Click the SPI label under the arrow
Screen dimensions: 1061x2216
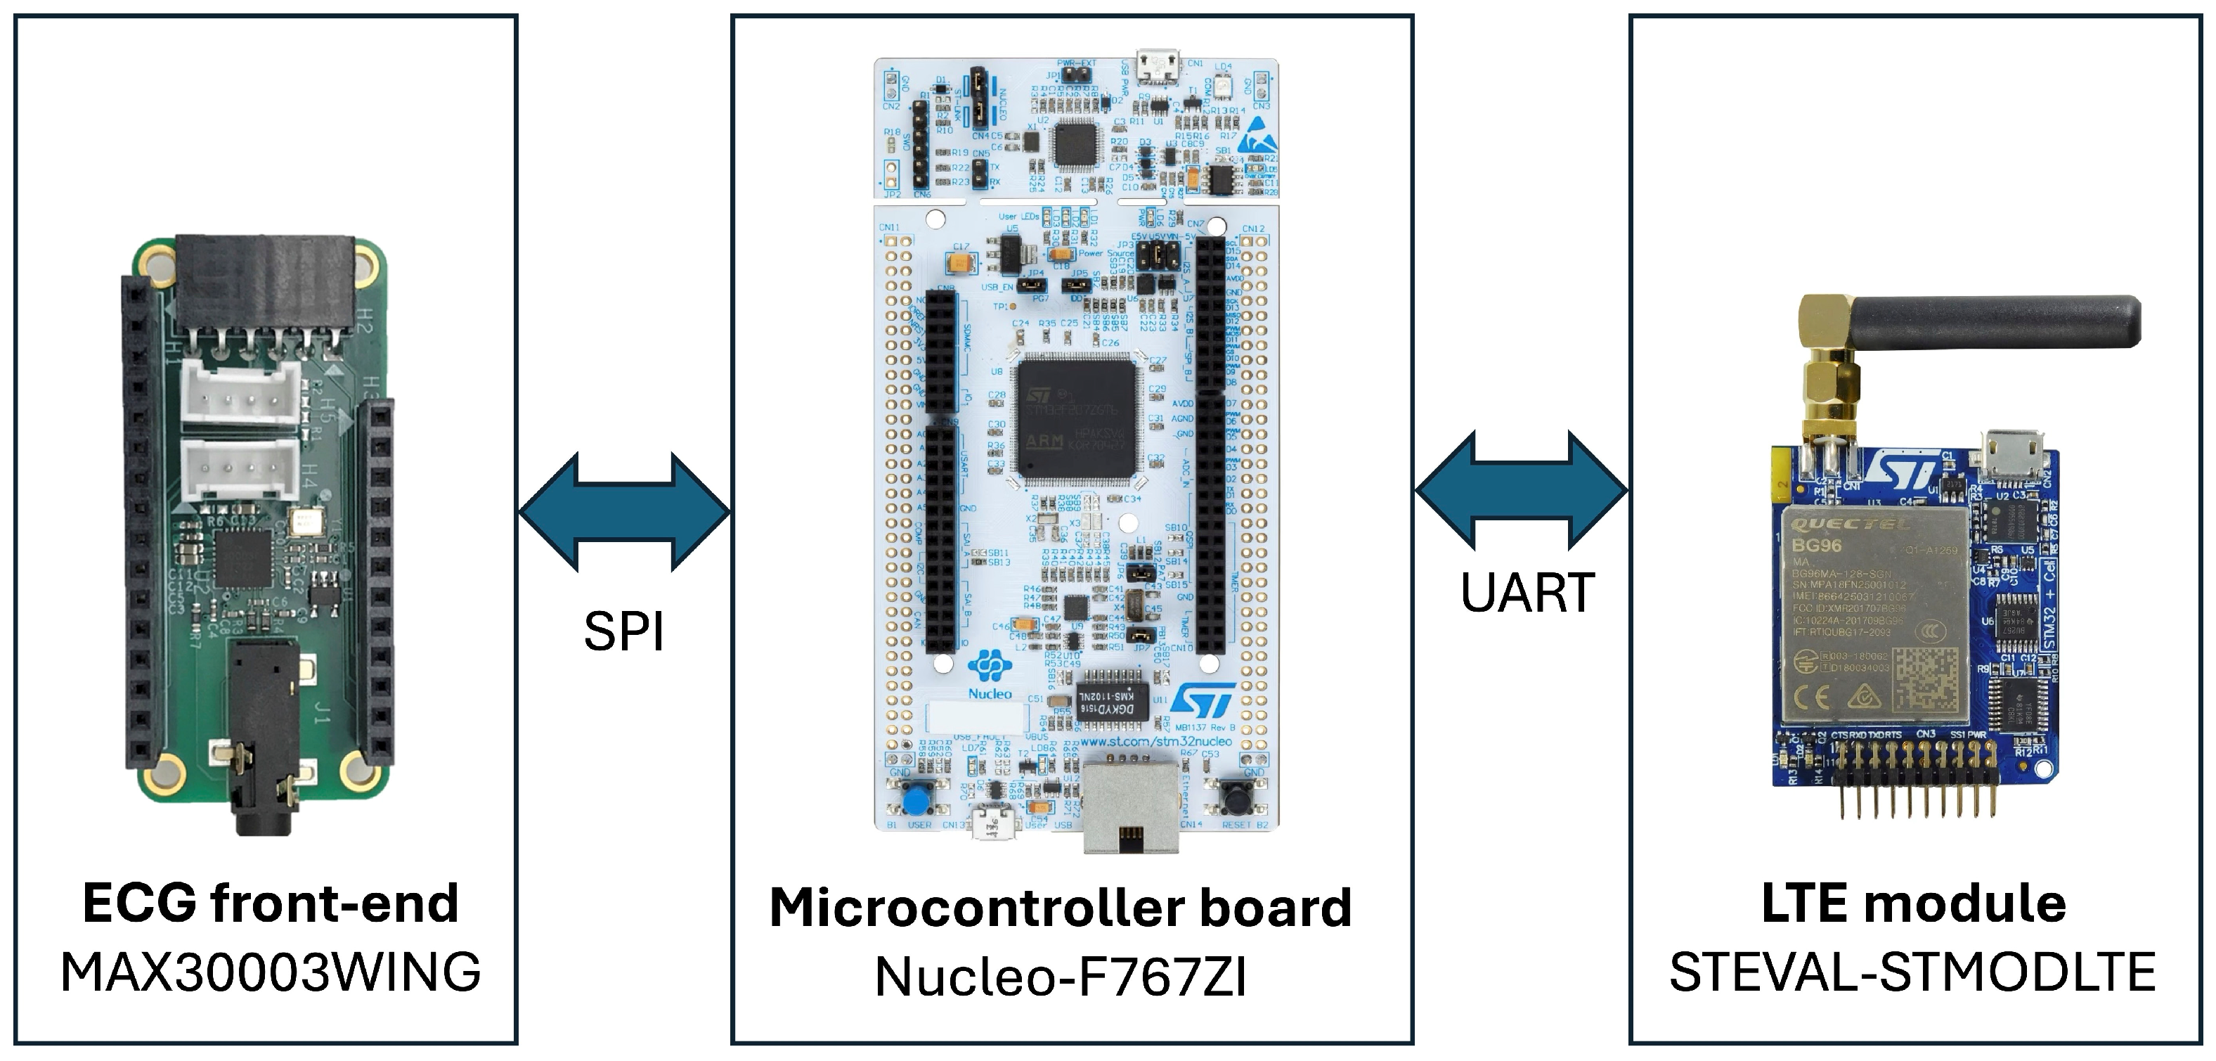pos(623,631)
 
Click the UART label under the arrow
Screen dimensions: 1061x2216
pos(1527,593)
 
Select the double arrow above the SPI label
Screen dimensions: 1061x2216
pos(625,512)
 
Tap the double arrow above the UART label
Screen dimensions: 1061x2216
pos(1521,491)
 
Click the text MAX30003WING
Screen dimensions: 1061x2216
pos(270,972)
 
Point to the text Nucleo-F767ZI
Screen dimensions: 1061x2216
pos(1061,977)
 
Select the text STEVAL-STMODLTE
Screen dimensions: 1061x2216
pos(1912,972)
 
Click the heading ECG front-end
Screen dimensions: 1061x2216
pos(270,904)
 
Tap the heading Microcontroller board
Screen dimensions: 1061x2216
pos(1061,908)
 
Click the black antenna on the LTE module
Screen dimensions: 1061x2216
pos(1996,321)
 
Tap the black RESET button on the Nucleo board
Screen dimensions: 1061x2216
pos(1237,800)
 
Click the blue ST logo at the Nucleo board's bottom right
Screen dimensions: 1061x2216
pos(1203,700)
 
